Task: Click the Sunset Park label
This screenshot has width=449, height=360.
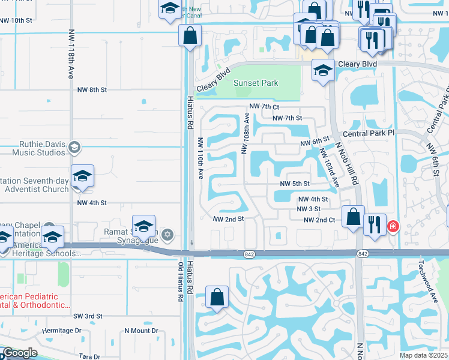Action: [256, 83]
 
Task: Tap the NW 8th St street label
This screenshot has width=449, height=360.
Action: [92, 89]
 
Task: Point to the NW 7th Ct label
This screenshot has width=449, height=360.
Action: [264, 107]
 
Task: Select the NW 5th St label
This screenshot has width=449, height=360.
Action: [294, 184]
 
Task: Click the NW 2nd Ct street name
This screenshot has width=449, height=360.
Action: [319, 220]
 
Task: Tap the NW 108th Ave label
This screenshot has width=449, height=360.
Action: [246, 135]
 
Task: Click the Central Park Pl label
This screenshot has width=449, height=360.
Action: [368, 133]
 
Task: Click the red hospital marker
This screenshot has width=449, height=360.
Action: [393, 227]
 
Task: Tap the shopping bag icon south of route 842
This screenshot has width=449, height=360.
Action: [217, 297]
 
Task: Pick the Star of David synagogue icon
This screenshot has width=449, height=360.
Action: [168, 233]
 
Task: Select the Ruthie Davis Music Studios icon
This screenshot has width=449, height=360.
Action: [74, 148]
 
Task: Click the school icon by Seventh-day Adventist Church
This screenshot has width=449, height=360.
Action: [82, 176]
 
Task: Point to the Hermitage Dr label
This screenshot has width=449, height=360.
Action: [62, 331]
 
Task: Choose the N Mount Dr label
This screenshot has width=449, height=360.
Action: [141, 331]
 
